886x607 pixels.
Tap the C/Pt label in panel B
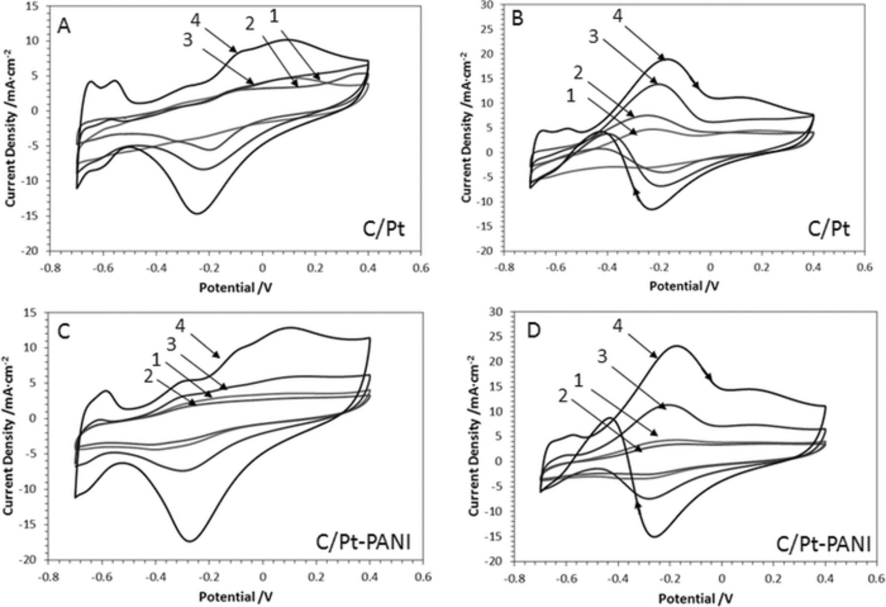829,230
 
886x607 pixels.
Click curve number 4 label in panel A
196,20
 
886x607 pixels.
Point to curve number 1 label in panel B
571,97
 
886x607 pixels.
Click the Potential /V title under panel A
235,288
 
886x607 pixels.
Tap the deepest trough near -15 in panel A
196,213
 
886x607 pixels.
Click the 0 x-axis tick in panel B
710,267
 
